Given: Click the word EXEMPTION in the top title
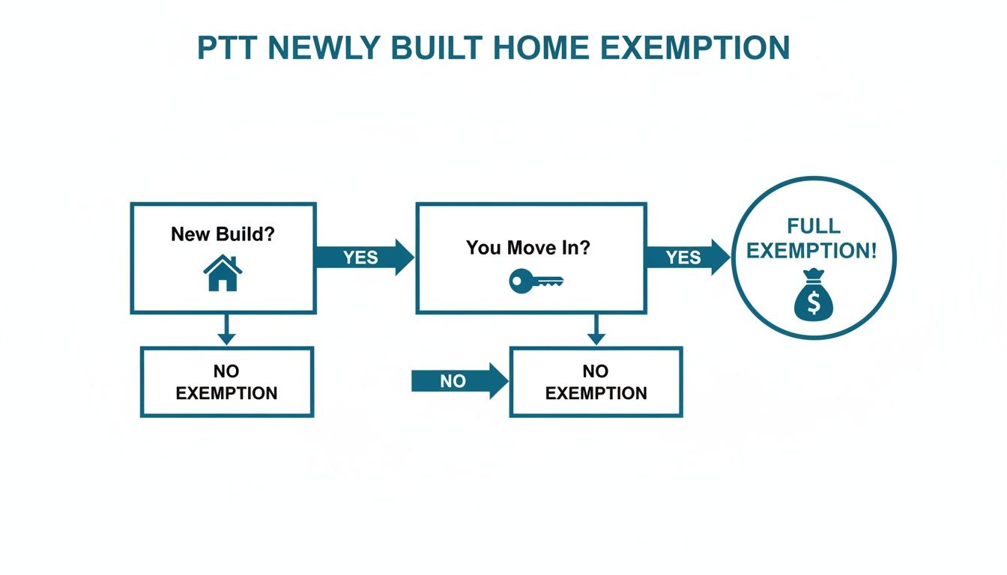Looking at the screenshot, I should [696, 48].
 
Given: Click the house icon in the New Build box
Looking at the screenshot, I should [223, 273].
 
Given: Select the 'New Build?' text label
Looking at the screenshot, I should [223, 234].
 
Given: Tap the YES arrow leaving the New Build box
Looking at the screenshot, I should [363, 258].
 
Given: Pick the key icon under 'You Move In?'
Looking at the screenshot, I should [535, 282].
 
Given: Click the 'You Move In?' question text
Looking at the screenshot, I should [528, 247].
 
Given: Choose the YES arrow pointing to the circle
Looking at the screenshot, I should [686, 258].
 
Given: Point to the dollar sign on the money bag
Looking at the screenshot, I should [814, 302].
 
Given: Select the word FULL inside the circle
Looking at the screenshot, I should [814, 225].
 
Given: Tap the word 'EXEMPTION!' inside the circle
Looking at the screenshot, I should [811, 251].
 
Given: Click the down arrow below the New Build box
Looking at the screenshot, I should [226, 329].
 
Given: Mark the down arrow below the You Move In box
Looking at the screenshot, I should [596, 329].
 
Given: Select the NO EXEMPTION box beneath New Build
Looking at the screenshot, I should [226, 382].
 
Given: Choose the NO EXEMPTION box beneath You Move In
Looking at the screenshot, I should [596, 382].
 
